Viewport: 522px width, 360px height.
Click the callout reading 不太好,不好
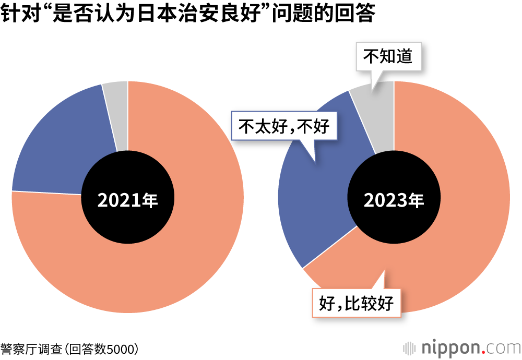pyautogui.click(x=284, y=126)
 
